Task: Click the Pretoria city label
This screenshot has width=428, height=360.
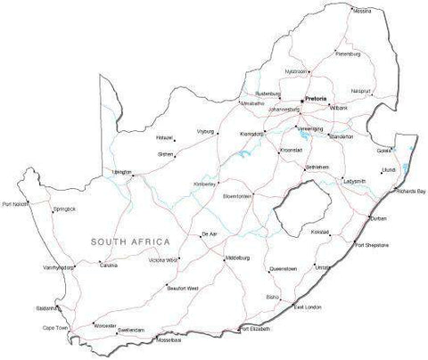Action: point(316,97)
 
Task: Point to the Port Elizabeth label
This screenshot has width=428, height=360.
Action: point(256,331)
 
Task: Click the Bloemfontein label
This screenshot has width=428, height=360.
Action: point(238,195)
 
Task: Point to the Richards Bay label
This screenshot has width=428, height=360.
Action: point(411,192)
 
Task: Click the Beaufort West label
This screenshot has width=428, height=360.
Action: point(182,289)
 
